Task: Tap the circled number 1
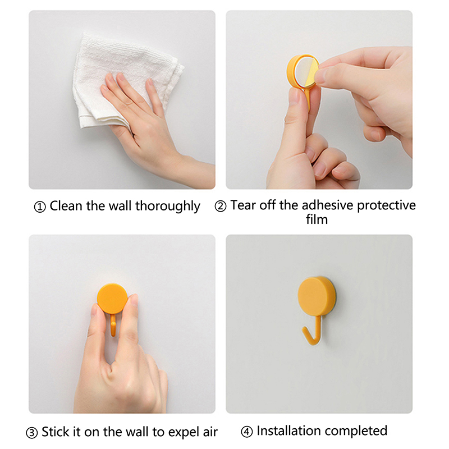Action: [40, 207]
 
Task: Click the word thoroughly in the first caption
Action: [167, 206]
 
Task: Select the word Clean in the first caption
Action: [66, 205]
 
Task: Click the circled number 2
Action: [221, 206]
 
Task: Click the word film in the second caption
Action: [317, 219]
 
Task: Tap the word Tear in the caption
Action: [243, 205]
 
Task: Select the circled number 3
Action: [32, 433]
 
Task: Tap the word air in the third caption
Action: [210, 432]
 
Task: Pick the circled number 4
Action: [246, 432]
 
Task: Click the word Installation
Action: [288, 430]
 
